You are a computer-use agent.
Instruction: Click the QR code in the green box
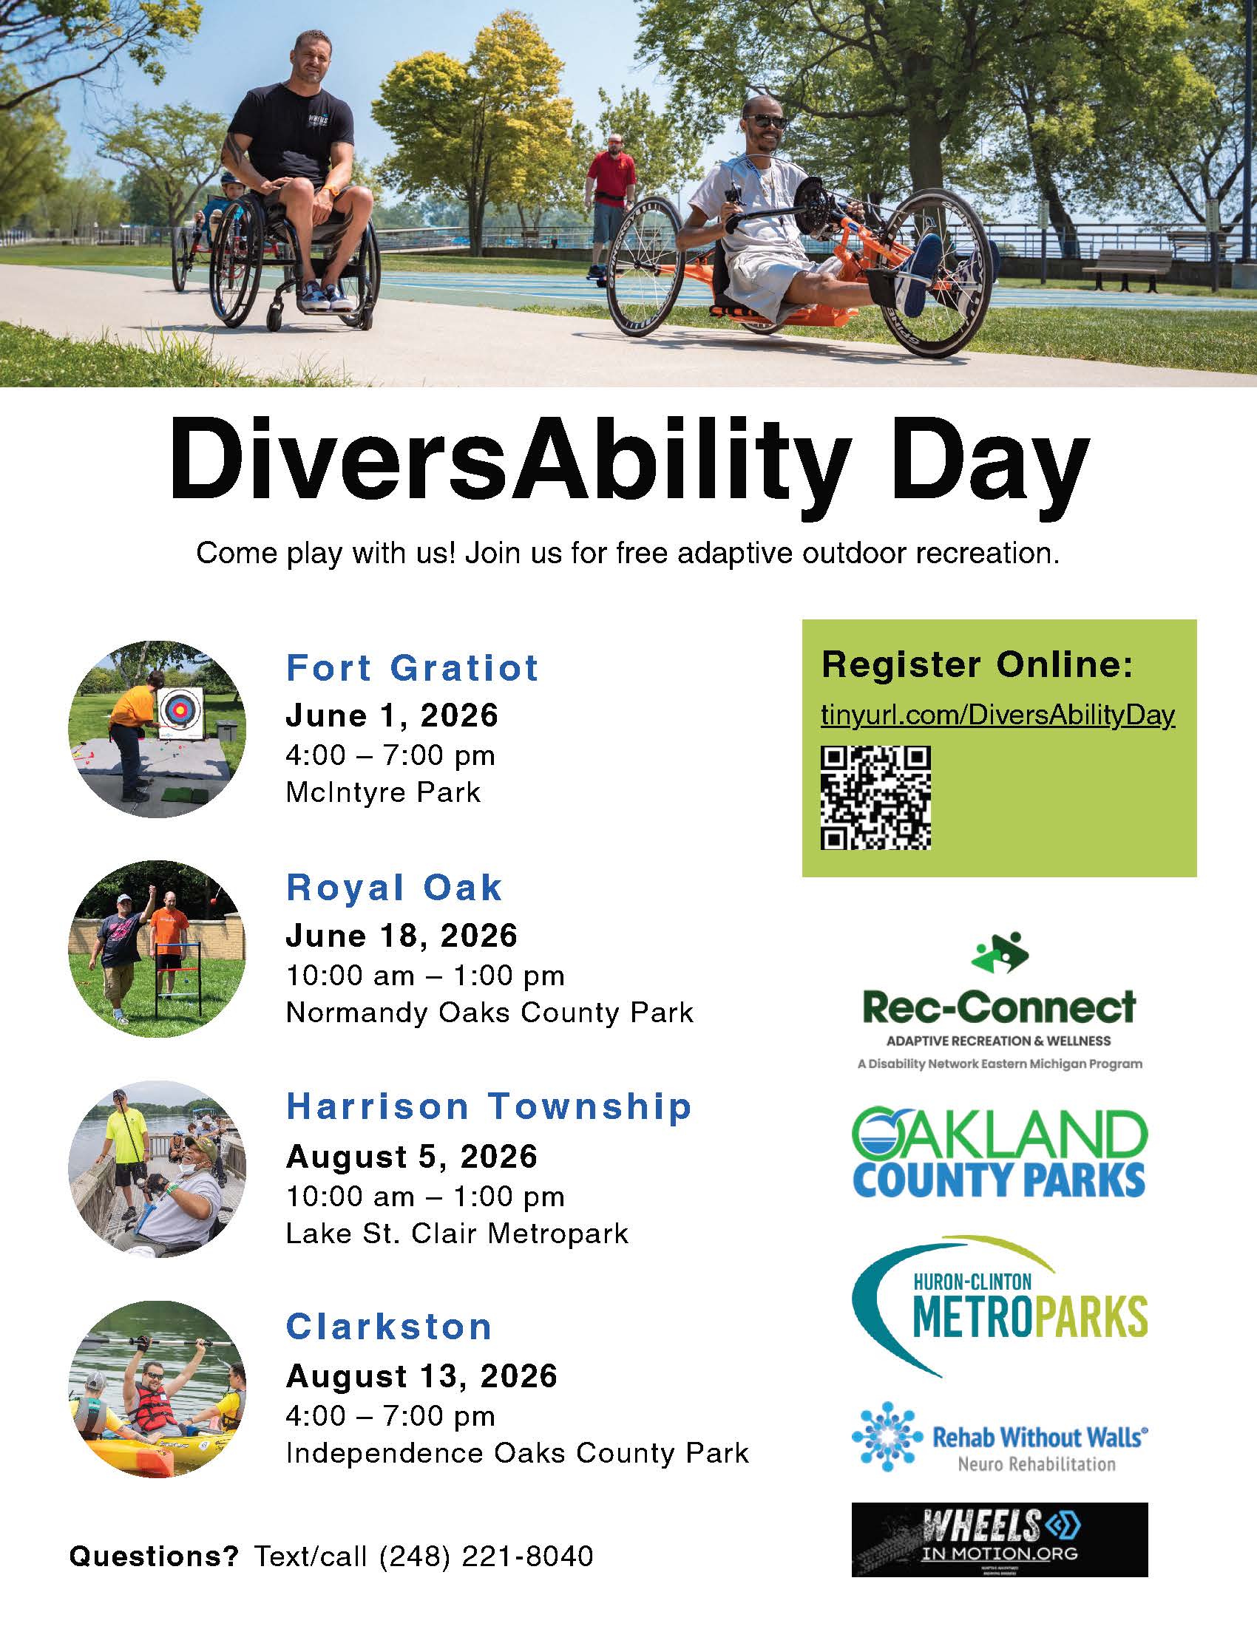point(875,797)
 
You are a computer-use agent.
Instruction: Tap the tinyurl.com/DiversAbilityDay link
point(998,715)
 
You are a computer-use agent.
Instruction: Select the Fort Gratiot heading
point(412,668)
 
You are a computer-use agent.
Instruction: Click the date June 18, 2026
point(402,936)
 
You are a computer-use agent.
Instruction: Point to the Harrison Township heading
point(489,1107)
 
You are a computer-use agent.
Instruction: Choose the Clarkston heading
point(389,1327)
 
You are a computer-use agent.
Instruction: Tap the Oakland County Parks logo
point(999,1152)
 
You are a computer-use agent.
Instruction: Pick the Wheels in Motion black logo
point(1000,1540)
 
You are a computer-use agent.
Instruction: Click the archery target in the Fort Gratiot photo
point(179,712)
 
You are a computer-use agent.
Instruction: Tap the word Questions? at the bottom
point(154,1555)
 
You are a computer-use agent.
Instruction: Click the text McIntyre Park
point(383,792)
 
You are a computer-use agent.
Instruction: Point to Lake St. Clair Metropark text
point(457,1234)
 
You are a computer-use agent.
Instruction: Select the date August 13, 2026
point(421,1377)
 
